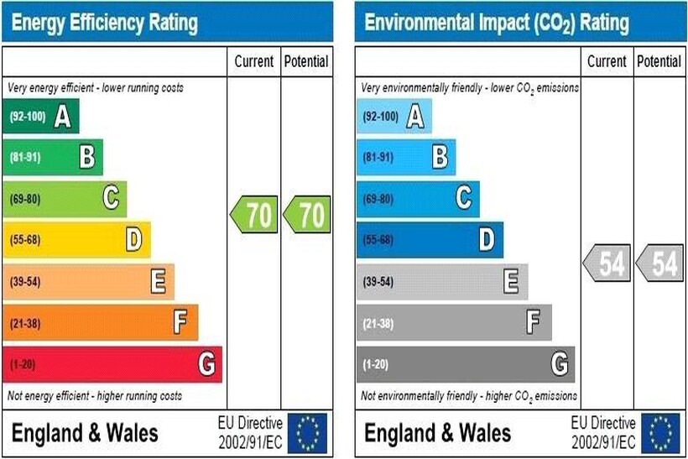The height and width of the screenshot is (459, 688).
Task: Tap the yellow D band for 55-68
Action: click(x=76, y=240)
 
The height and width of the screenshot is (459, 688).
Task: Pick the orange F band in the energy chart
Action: click(x=100, y=323)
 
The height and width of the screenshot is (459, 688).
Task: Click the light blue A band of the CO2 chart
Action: click(x=394, y=116)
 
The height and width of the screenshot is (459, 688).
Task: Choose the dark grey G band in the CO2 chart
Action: click(x=465, y=365)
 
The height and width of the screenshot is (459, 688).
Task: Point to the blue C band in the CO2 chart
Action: click(x=417, y=199)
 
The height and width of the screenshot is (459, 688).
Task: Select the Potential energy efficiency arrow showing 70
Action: click(x=307, y=216)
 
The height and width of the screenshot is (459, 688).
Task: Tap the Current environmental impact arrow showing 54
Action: click(x=608, y=263)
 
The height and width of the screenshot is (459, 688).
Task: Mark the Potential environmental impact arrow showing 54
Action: click(x=660, y=263)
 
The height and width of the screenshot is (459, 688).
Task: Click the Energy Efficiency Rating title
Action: click(x=105, y=23)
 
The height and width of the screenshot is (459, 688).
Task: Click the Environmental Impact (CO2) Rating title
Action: click(x=496, y=23)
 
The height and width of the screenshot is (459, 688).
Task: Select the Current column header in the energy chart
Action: click(x=254, y=61)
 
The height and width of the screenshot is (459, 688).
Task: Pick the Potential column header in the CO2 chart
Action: click(x=659, y=61)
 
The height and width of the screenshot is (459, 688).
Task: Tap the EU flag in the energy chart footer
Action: click(x=307, y=433)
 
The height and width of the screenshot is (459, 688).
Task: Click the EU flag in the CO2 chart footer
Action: click(x=661, y=433)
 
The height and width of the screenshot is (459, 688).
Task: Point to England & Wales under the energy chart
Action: click(x=84, y=433)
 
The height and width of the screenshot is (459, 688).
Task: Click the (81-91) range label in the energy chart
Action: click(x=24, y=157)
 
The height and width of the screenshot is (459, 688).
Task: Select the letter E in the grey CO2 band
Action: click(x=511, y=282)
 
